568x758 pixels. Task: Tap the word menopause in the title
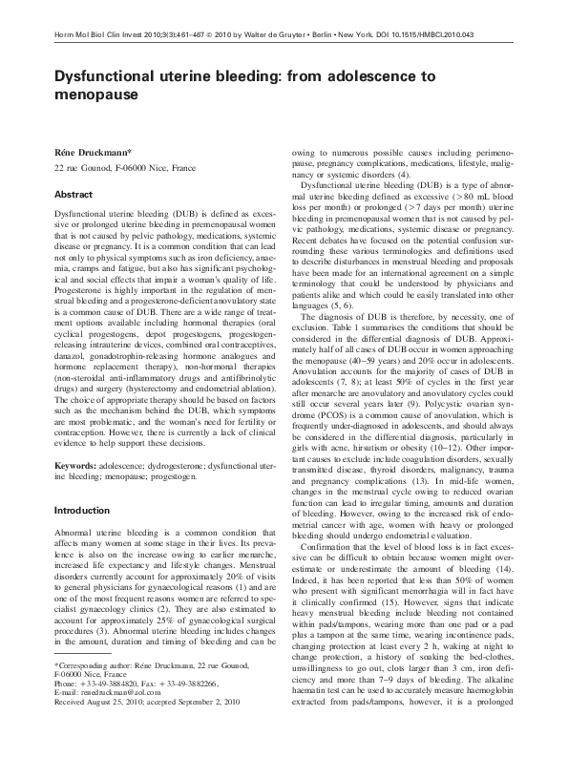[96, 95]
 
